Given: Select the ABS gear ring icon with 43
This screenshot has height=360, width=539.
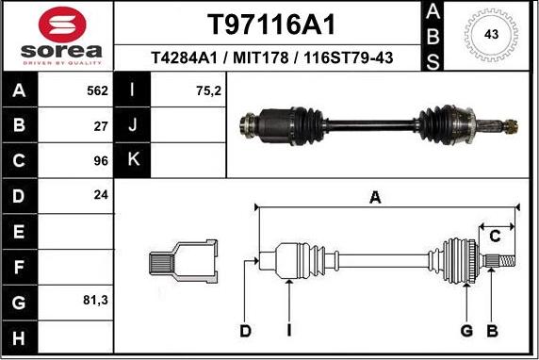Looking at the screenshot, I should tap(491, 35).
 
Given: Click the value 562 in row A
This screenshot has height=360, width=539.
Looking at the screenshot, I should tap(97, 91).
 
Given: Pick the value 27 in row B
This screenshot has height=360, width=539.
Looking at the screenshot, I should tap(101, 124).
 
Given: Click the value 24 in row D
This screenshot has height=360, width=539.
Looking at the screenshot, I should tap(101, 195).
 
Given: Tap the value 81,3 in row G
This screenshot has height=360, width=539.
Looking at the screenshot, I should tap(96, 302).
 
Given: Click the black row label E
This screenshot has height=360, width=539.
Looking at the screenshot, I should tap(18, 231).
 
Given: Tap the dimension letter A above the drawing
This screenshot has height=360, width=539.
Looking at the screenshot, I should tap(375, 197).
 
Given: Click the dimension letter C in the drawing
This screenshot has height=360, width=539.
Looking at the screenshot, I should tap(494, 237).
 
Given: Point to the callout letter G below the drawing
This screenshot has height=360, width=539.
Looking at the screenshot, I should tap(465, 330).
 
